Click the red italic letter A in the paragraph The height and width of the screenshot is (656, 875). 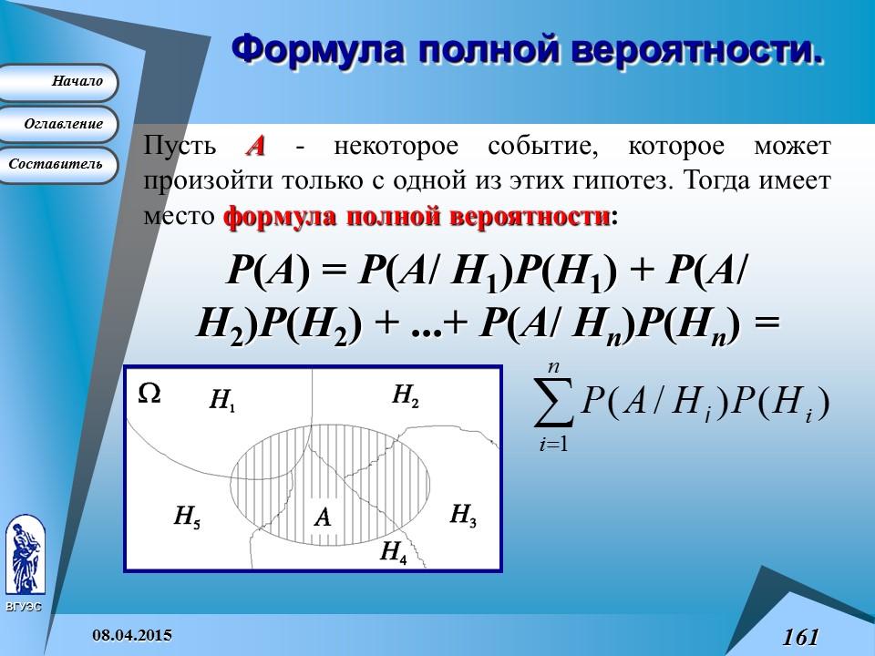pyautogui.click(x=255, y=147)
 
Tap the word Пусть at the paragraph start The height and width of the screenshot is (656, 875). pyautogui.click(x=180, y=147)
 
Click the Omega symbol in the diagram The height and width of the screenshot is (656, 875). pyautogui.click(x=149, y=393)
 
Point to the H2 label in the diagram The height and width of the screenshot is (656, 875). pyautogui.click(x=406, y=395)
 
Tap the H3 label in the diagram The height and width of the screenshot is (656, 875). pyautogui.click(x=463, y=517)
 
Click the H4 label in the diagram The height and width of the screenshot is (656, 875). pyautogui.click(x=393, y=552)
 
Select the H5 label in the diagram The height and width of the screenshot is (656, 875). pyautogui.click(x=187, y=518)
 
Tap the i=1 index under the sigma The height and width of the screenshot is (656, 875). pyautogui.click(x=552, y=446)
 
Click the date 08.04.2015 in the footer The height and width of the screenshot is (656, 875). pyautogui.click(x=134, y=633)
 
